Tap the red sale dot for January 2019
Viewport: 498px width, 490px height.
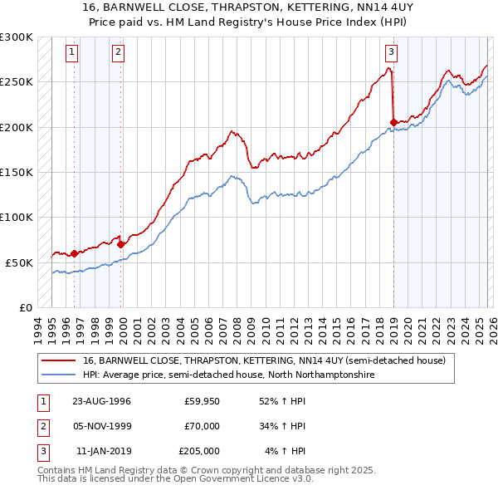[393, 123]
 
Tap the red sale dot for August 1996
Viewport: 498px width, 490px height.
[75, 253]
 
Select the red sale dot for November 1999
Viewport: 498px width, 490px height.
[120, 244]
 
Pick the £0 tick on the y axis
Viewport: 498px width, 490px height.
[25, 307]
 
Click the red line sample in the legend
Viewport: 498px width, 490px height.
[59, 361]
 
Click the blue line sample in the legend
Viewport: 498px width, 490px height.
[59, 375]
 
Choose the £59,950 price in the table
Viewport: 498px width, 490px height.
[202, 400]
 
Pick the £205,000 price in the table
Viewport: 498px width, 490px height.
[199, 452]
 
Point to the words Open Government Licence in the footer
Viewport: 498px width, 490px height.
[231, 479]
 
